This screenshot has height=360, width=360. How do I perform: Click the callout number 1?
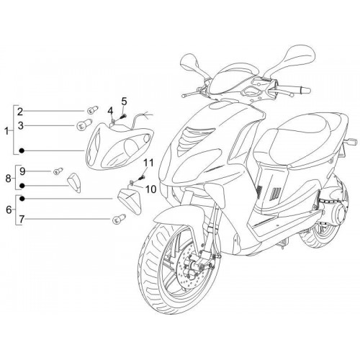6,131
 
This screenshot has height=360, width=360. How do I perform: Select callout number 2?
20,111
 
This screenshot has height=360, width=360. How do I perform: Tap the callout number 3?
21,125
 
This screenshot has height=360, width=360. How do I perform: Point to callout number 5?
124,102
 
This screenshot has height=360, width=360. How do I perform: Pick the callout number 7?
22,219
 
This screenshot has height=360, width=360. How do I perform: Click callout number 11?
148,163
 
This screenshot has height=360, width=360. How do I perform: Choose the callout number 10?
151,189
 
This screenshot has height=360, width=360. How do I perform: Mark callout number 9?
22,171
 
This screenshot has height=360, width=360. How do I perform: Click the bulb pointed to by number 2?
92,110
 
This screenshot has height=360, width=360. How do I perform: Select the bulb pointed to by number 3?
84,125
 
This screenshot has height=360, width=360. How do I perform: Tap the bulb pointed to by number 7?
119,219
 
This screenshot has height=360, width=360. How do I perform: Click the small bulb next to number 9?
58,171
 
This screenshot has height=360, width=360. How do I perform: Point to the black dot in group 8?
22,186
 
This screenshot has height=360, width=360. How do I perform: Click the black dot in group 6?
22,199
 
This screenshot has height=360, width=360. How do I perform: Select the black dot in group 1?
22,150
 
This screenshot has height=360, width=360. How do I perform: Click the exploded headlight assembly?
120,145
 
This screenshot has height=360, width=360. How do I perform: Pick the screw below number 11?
143,178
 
